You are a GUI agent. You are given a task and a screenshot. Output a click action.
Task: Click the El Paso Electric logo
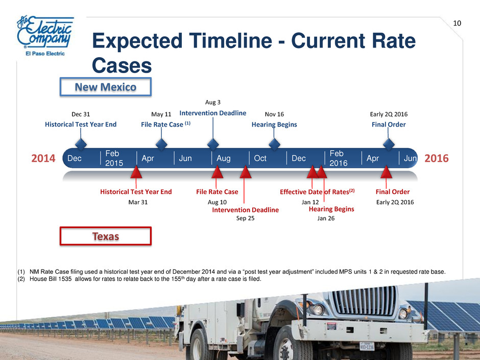coord(45,36)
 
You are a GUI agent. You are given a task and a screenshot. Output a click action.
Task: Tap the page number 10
coord(457,23)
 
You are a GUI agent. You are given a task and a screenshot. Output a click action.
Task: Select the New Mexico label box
coord(106,87)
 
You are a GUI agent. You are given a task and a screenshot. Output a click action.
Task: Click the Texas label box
coord(106,236)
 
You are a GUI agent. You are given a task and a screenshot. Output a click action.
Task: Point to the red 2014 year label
coord(43,158)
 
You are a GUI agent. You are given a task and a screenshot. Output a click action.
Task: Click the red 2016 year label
coord(436,158)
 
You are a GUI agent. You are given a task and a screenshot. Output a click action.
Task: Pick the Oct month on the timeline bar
coord(260,158)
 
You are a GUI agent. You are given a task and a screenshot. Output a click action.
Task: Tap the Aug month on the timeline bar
coord(224,158)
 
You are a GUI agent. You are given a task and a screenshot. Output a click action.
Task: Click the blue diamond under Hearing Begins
coord(274,144)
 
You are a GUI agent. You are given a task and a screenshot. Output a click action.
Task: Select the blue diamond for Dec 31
coord(81,144)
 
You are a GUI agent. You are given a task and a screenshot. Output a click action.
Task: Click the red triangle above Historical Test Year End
coord(136,173)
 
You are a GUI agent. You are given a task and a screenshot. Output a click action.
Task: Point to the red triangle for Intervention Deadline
coord(246,173)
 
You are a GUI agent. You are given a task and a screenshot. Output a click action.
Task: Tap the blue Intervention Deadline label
coord(213,113)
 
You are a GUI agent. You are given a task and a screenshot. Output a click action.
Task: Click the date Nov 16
coord(274,114)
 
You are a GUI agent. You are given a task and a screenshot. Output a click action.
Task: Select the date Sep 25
coord(245,218)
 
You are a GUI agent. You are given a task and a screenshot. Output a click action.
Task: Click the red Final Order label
coord(393,192)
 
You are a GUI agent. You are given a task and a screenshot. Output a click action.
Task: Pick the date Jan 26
coord(326,218)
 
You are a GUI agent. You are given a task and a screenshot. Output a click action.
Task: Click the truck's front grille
coord(364,301)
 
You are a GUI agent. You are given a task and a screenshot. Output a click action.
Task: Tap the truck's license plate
coord(367,346)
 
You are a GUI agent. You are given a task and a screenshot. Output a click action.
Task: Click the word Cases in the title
coord(122,65)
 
